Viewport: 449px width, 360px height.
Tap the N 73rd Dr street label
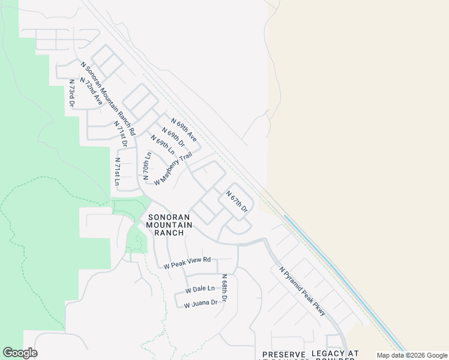pos(71,93)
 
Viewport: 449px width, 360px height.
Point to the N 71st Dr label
pos(121,133)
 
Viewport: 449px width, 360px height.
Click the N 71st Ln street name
pos(118,172)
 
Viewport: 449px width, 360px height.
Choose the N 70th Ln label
pos(146,166)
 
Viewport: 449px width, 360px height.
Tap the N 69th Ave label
pos(184,129)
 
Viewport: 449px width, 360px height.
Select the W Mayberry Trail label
pos(173,169)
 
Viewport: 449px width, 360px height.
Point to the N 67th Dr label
pos(237,202)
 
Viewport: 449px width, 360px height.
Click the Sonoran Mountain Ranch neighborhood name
pos(169,224)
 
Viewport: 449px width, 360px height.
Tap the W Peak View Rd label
pos(187,262)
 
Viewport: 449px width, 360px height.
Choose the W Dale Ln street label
pos(200,289)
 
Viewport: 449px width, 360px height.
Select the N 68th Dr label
pos(224,288)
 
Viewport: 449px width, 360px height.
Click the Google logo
pos(20,353)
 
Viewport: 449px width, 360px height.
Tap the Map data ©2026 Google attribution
pos(411,355)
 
